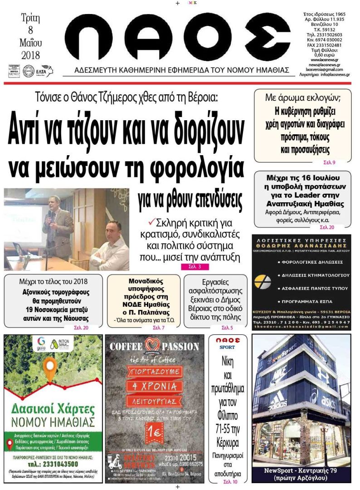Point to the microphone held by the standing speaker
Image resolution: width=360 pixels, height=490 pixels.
[49, 212]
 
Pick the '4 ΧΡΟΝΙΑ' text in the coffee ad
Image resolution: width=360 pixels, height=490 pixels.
[155, 387]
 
